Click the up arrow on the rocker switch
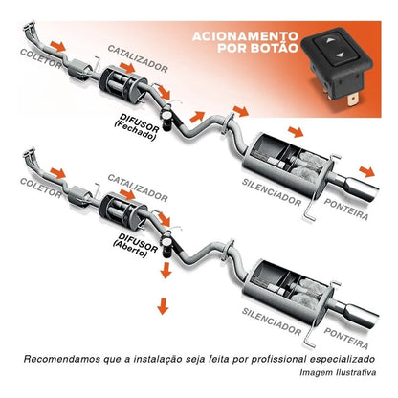pyautogui.click(x=330, y=40)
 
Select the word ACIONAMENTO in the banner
pyautogui.click(x=245, y=36)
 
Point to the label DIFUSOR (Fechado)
pyautogui.click(x=137, y=126)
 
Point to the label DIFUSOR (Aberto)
pyautogui.click(x=136, y=246)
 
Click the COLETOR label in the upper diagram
pyautogui.click(x=41, y=58)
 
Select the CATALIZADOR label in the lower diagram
pyautogui.click(x=138, y=188)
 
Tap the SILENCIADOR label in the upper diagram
pyautogui.click(x=272, y=192)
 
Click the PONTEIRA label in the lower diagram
pyautogui.click(x=346, y=338)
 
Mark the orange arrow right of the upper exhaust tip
pyautogui.click(x=367, y=171)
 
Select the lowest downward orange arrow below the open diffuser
pyautogui.click(x=163, y=306)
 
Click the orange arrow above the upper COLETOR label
pyautogui.click(x=58, y=46)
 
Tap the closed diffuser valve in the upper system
pyautogui.click(x=166, y=118)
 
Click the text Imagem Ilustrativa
pyautogui.click(x=338, y=372)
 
